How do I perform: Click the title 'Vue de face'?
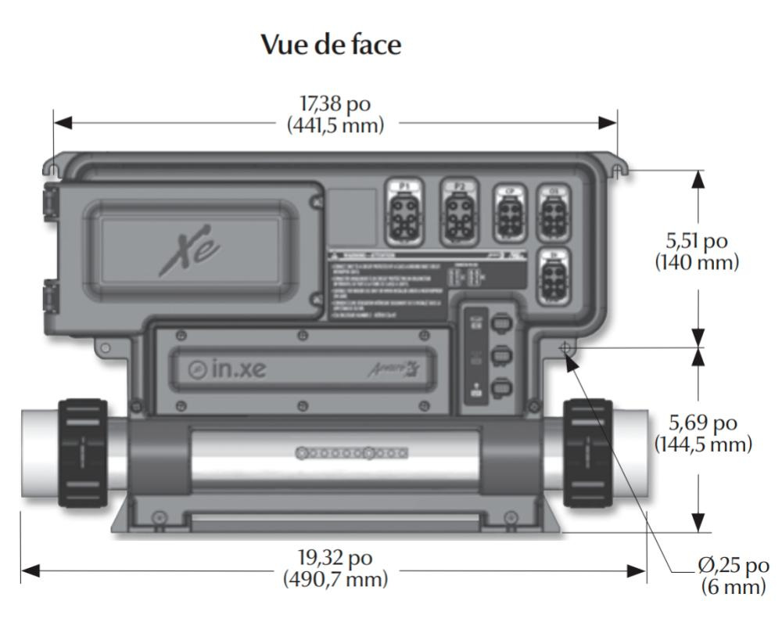tap(332, 45)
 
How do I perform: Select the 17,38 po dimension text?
tap(334, 104)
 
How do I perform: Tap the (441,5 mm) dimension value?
tap(334, 125)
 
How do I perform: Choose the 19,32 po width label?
tap(334, 558)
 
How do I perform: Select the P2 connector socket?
tap(459, 214)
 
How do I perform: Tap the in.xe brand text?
tap(227, 369)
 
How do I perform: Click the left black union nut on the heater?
tap(82, 452)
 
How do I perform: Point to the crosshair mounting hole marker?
tap(565, 347)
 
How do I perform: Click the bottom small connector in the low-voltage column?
tap(499, 387)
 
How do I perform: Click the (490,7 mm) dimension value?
tap(334, 580)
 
